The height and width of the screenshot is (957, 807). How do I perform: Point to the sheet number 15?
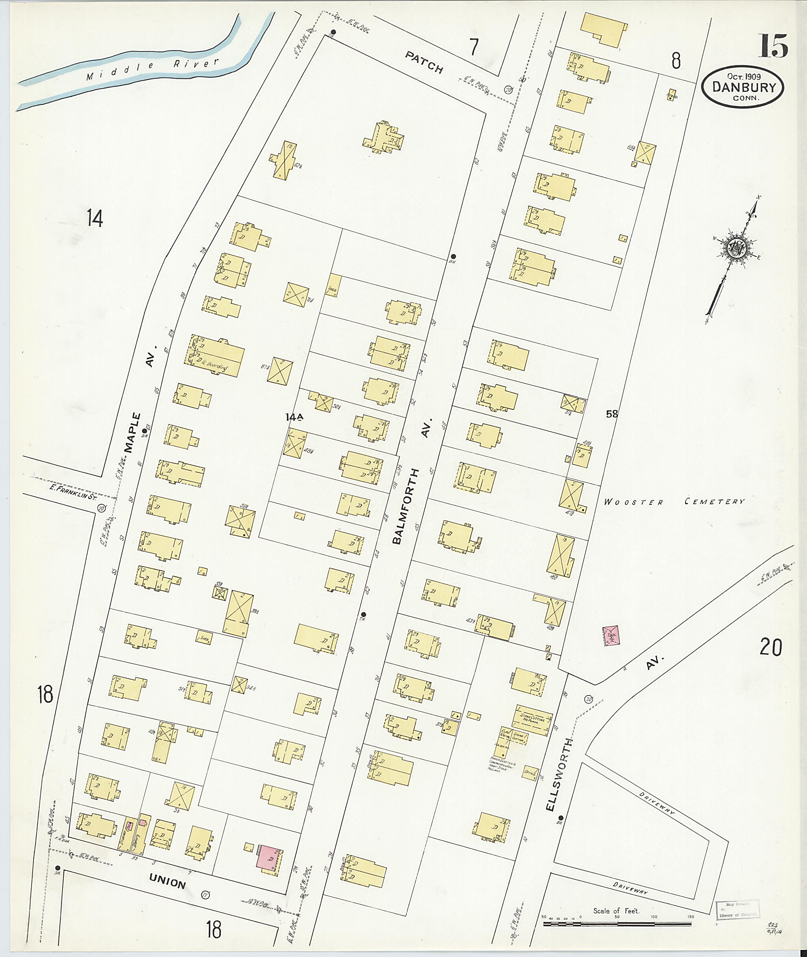pos(774,46)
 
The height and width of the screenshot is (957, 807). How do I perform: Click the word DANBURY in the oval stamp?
pos(742,87)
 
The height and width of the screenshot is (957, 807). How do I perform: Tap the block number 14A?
pos(294,417)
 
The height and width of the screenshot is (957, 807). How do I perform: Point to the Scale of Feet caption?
pos(616,911)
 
